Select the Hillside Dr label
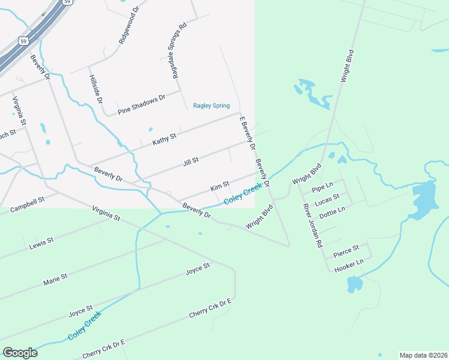coord(95,89)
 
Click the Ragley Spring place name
coord(211,106)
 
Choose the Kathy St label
coord(164,140)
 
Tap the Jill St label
coord(190,160)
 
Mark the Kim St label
coord(220,187)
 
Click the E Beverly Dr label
coord(248,133)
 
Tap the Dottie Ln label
coord(332,212)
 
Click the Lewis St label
coord(41,243)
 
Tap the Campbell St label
coord(27,204)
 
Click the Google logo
coord(20,352)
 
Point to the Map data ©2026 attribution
coord(423,355)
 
